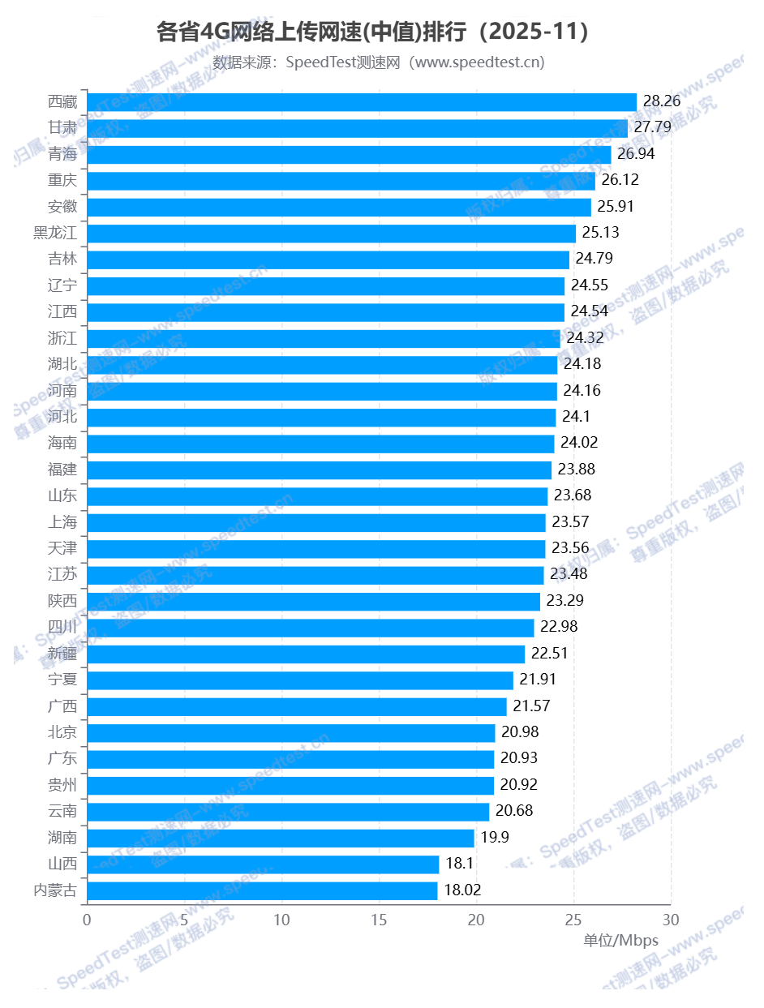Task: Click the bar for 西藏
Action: point(362,101)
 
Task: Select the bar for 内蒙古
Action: point(262,890)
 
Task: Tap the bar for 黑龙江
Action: point(331,233)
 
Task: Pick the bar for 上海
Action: point(316,522)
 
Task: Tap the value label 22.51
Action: point(549,654)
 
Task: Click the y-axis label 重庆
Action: point(62,180)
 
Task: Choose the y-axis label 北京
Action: point(62,732)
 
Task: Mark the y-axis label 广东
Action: point(62,759)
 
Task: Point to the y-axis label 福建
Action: point(62,470)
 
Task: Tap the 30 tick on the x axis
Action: point(671,920)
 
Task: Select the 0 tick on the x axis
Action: point(87,920)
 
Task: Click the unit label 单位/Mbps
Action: point(620,941)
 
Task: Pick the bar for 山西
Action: point(263,864)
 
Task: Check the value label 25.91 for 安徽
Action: point(613,206)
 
